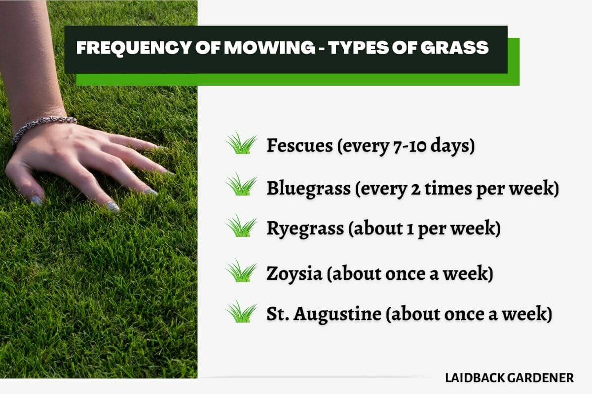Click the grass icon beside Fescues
click(241, 144)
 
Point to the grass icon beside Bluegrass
click(241, 186)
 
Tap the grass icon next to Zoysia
click(241, 272)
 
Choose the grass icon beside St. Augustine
click(241, 312)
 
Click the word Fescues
click(299, 145)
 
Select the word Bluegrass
click(307, 188)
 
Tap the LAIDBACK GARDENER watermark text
click(509, 378)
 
